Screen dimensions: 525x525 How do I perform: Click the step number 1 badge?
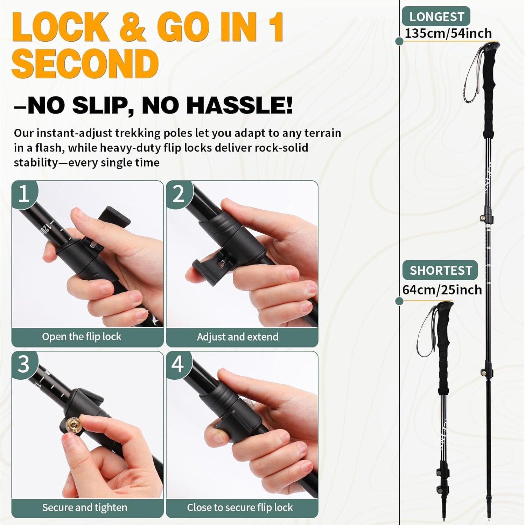click(x=23, y=194)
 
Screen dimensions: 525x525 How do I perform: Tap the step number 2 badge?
click(x=178, y=194)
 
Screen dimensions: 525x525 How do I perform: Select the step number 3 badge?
click(x=23, y=364)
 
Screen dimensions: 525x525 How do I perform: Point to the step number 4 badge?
click(x=178, y=364)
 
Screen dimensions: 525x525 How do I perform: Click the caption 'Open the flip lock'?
click(x=82, y=337)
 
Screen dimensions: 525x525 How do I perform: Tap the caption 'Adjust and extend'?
click(x=238, y=337)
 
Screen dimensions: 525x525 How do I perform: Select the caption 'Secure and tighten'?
click(x=85, y=507)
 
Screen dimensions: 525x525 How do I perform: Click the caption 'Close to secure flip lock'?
click(x=240, y=507)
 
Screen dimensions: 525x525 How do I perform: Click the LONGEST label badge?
click(x=436, y=16)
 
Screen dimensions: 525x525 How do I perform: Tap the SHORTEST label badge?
click(x=441, y=270)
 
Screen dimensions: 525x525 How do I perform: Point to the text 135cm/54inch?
click(x=448, y=34)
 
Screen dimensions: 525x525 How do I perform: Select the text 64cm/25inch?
click(x=442, y=290)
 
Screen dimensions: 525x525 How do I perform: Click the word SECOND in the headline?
click(x=85, y=64)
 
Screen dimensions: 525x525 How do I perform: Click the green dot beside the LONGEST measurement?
click(x=399, y=41)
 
